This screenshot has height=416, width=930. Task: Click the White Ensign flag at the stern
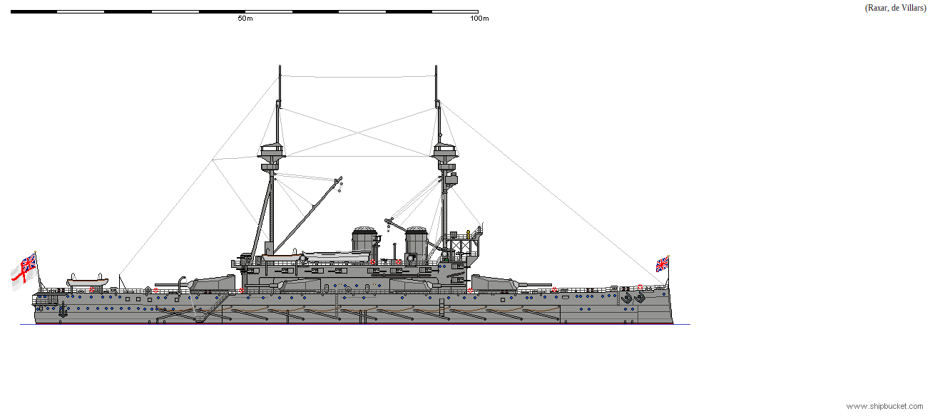pos(24,271)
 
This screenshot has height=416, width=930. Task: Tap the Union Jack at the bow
pos(663,264)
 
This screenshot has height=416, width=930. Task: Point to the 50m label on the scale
pos(245,19)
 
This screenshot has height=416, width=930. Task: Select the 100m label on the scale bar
pos(479,19)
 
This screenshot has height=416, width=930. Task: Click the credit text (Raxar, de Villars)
pos(895,8)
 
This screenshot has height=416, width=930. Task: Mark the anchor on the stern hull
pos(62,310)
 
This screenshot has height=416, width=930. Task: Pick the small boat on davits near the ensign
pos(87,283)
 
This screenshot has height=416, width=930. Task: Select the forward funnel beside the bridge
pos(417,244)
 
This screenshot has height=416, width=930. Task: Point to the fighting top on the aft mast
pos(272,152)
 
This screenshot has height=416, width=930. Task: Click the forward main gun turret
pos(496,283)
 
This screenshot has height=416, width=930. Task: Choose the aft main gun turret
pos(212,283)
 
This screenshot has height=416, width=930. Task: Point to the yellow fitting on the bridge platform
pos(468,233)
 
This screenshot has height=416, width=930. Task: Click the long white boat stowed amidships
pos(335,254)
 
